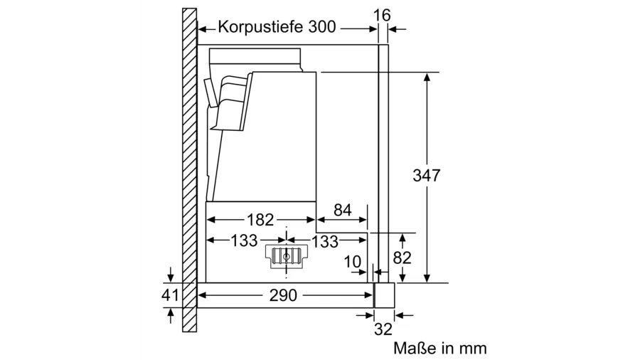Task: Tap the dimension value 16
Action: (x=382, y=15)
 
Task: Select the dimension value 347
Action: (x=427, y=176)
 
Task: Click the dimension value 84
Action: (x=342, y=211)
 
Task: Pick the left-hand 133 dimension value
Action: (x=243, y=241)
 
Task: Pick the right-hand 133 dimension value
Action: (x=324, y=242)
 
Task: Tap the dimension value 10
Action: (x=353, y=262)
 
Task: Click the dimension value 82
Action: (x=402, y=258)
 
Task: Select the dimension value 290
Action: (x=283, y=295)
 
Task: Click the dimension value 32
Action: (x=383, y=329)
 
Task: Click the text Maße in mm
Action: (x=439, y=348)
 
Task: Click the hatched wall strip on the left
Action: (x=188, y=171)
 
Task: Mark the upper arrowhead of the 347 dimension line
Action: (x=427, y=76)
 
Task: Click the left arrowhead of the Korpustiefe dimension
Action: (x=201, y=29)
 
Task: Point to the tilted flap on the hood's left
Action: (x=209, y=91)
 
